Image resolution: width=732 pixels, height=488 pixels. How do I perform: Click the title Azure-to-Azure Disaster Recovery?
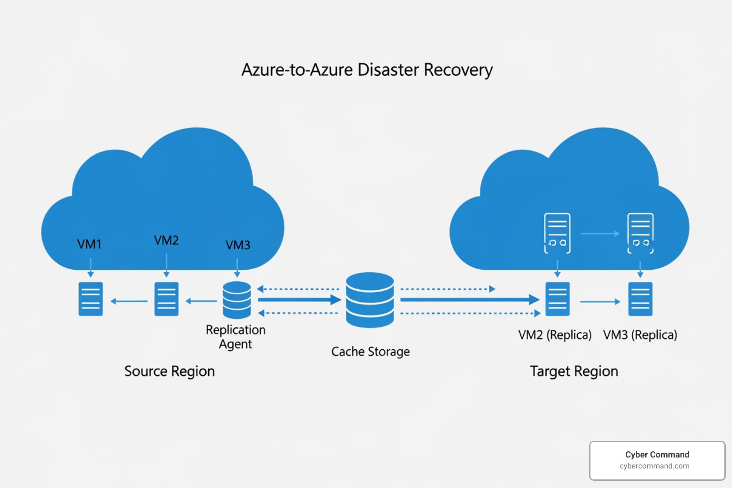point(366,70)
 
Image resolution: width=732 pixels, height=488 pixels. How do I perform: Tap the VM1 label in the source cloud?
point(89,244)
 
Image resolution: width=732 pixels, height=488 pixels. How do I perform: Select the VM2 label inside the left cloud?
point(166,241)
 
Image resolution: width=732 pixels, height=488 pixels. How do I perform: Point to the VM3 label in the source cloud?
point(238,245)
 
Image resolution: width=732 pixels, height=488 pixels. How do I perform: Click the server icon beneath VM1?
point(91,299)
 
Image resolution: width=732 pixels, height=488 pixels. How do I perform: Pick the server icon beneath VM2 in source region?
point(166,299)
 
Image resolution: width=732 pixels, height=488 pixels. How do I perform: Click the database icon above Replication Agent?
point(237,300)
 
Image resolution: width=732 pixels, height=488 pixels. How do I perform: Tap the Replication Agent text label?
point(235,337)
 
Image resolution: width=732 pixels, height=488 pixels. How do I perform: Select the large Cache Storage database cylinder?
point(370,300)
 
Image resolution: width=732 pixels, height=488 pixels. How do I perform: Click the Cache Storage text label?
point(370,352)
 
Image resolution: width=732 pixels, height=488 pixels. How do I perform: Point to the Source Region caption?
point(170,371)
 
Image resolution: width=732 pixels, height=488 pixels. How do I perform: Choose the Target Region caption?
point(574,371)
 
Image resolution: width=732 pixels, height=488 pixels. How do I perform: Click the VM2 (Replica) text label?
point(555,335)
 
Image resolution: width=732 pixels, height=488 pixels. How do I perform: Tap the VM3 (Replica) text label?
point(640,335)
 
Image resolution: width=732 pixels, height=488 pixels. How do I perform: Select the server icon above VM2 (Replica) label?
point(557,299)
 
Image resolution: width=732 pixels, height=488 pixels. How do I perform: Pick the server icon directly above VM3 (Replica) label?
point(640,299)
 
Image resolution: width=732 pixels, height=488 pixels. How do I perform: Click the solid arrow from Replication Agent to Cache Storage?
point(299,300)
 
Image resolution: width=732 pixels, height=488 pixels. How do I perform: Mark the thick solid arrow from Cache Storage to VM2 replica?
point(469,300)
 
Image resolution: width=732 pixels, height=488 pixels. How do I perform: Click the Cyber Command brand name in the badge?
point(657,455)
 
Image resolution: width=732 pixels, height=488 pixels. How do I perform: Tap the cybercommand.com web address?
point(654,466)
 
